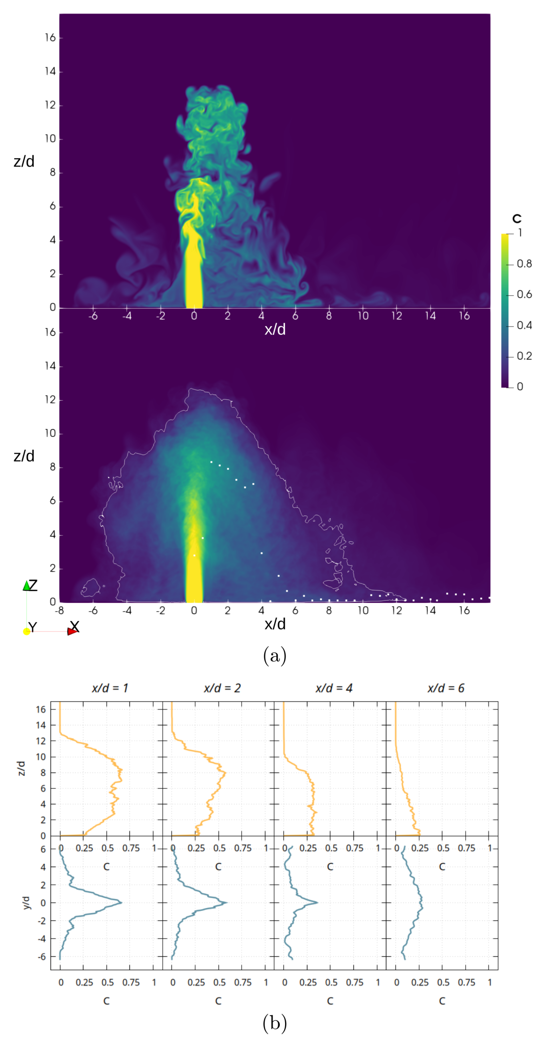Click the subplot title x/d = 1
[x=110, y=688]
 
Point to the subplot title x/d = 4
[x=334, y=688]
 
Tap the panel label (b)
[x=275, y=1022]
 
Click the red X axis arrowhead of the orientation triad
[x=72, y=631]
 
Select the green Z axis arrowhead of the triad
[x=27, y=585]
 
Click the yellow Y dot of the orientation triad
[x=27, y=631]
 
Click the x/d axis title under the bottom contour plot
[x=275, y=624]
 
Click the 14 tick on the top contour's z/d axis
[x=50, y=71]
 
